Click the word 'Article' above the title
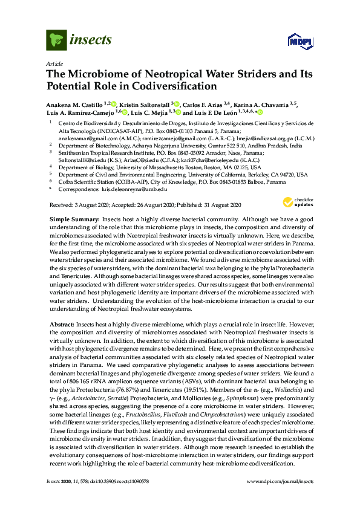54,63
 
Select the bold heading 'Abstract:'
62,325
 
